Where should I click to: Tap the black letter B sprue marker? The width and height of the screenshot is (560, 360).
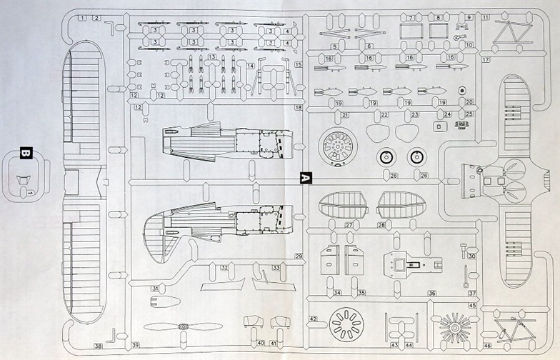pyautogui.click(x=26, y=153)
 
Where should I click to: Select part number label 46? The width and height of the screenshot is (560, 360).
pyautogui.click(x=487, y=346)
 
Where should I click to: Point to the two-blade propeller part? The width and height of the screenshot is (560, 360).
pyautogui.click(x=177, y=326)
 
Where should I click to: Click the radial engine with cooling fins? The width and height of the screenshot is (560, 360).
pyautogui.click(x=454, y=328)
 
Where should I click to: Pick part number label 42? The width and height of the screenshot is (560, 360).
pyautogui.click(x=313, y=319)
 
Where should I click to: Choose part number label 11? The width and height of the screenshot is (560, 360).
pyautogui.click(x=485, y=16)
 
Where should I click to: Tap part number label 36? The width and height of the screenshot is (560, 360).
pyautogui.click(x=432, y=293)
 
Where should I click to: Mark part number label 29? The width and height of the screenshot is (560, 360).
pyautogui.click(x=299, y=256)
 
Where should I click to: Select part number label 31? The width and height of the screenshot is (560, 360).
pyautogui.click(x=154, y=289)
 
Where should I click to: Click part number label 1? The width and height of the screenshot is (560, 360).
pyautogui.click(x=83, y=16)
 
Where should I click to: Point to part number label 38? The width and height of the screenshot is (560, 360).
pyautogui.click(x=98, y=346)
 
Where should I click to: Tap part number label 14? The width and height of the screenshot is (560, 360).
pyautogui.click(x=251, y=66)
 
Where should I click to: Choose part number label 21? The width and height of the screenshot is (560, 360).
pyautogui.click(x=345, y=114)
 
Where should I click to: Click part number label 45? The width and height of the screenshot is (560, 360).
pyautogui.click(x=472, y=305)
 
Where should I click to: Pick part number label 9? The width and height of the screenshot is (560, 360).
pyautogui.click(x=469, y=16)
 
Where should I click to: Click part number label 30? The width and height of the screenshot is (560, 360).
pyautogui.click(x=472, y=256)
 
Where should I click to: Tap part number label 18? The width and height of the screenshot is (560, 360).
pyautogui.click(x=298, y=107)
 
